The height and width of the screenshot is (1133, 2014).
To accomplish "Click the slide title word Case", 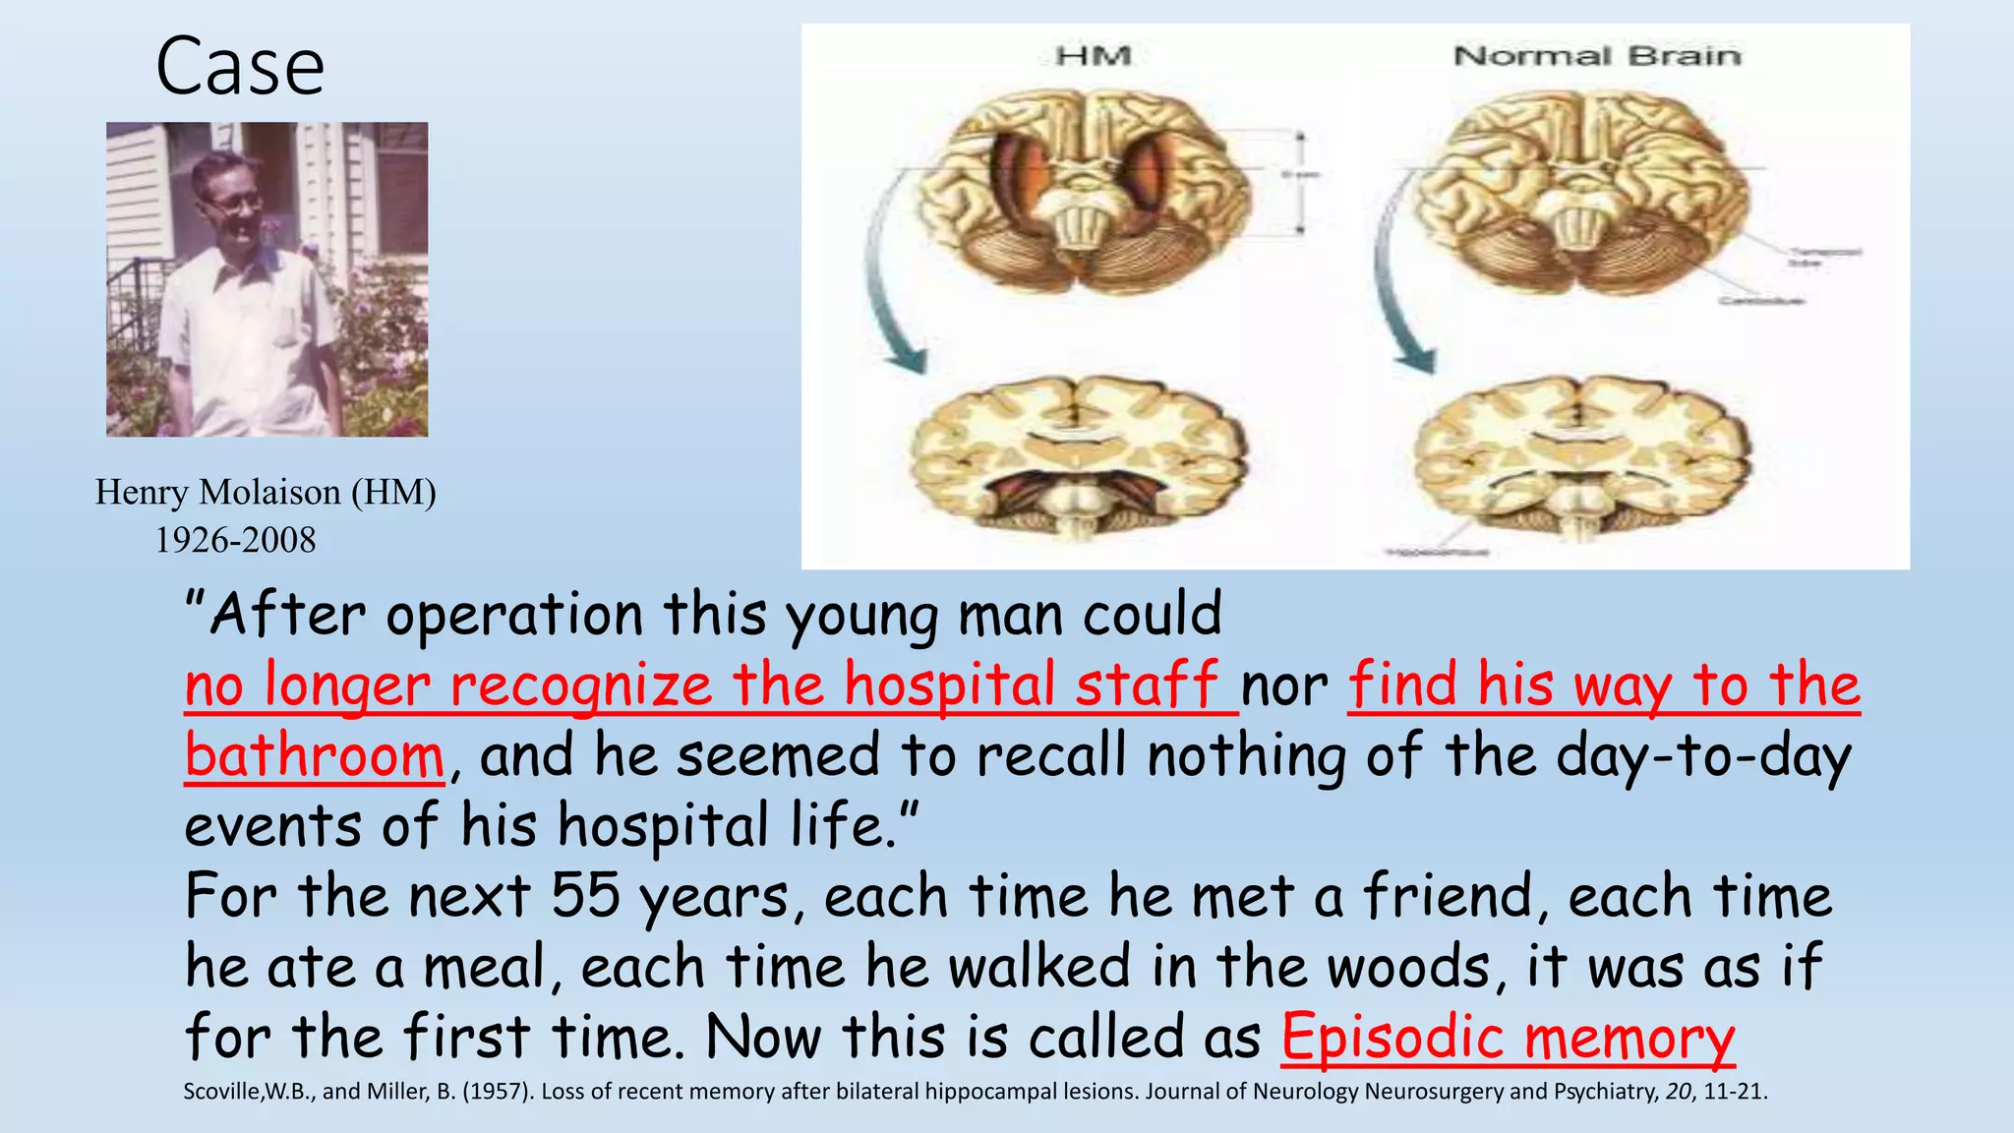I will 240,67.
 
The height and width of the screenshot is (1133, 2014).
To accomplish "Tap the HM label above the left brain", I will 1093,56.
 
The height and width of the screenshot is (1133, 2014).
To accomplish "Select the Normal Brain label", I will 1597,56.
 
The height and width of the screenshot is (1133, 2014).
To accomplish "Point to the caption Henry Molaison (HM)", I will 266,492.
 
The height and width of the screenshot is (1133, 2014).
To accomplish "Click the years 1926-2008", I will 236,540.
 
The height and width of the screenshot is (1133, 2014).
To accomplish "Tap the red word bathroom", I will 315,756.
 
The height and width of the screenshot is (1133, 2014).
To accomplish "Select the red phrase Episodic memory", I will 1508,1039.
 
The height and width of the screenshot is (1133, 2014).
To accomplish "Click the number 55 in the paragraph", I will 585,896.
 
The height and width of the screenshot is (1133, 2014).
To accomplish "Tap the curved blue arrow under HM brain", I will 885,285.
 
